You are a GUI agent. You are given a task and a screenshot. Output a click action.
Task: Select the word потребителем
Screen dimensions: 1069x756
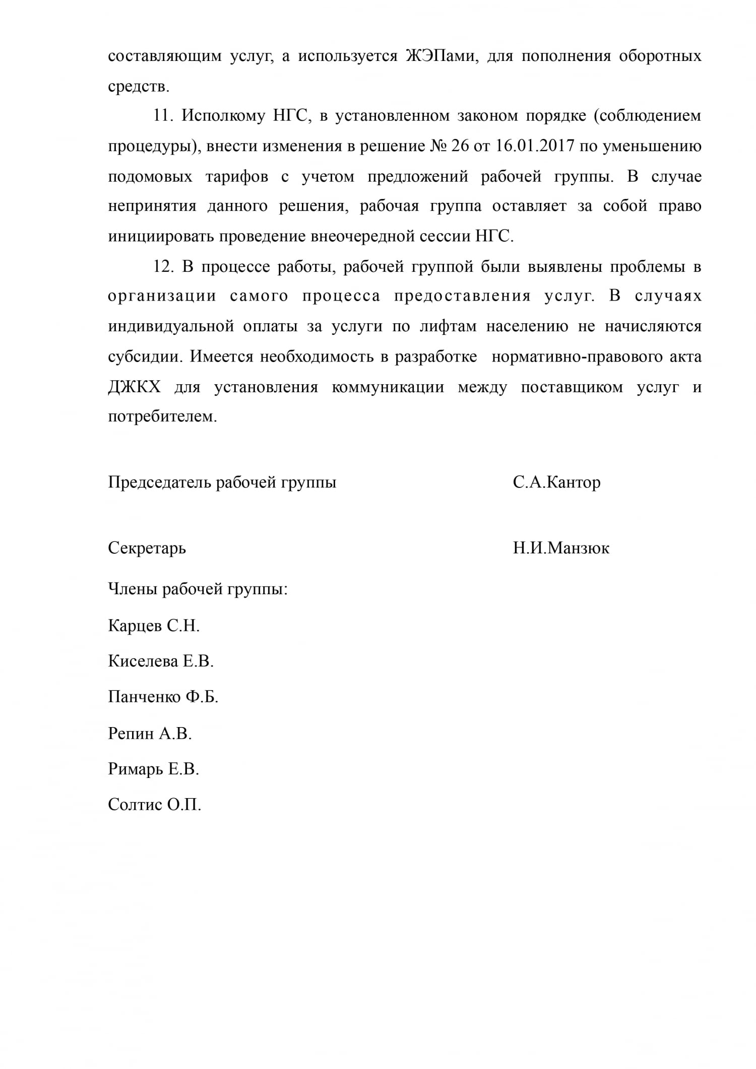point(162,417)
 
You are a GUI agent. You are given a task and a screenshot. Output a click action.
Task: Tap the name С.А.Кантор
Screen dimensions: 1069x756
point(556,483)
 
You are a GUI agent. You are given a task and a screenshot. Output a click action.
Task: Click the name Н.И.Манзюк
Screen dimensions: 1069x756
point(561,548)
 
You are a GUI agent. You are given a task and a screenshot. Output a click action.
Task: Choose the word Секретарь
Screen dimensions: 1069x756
point(147,548)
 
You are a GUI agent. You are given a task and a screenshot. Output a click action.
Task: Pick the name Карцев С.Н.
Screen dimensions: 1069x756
point(154,626)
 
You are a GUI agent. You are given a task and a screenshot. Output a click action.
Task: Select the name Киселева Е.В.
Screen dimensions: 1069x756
point(161,662)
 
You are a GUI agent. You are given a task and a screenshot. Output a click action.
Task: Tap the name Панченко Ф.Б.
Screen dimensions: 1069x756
point(163,697)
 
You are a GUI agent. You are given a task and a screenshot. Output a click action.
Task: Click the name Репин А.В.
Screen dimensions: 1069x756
point(150,733)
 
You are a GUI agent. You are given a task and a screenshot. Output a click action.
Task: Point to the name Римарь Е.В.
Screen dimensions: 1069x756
point(153,769)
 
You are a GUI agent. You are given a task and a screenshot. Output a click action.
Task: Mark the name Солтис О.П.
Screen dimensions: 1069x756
point(154,805)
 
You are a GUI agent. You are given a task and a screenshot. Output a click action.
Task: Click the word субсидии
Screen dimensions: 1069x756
point(144,357)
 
